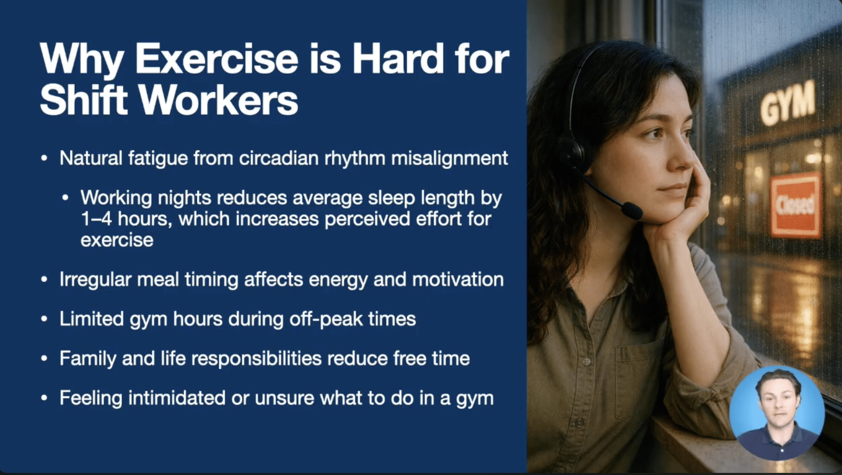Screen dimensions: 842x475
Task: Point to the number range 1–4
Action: coord(96,219)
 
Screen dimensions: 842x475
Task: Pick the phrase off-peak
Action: coord(326,320)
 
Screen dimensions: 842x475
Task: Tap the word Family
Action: coord(89,359)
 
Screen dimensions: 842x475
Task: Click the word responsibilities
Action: coord(257,359)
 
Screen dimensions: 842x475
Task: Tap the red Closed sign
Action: coord(796,205)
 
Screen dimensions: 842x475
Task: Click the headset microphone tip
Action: coord(632,211)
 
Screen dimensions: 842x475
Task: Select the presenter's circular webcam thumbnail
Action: coord(777,413)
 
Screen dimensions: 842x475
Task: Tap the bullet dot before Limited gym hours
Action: coord(44,320)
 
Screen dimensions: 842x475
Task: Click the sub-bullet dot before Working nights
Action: coord(65,198)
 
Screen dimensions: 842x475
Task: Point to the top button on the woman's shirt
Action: coord(586,361)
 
